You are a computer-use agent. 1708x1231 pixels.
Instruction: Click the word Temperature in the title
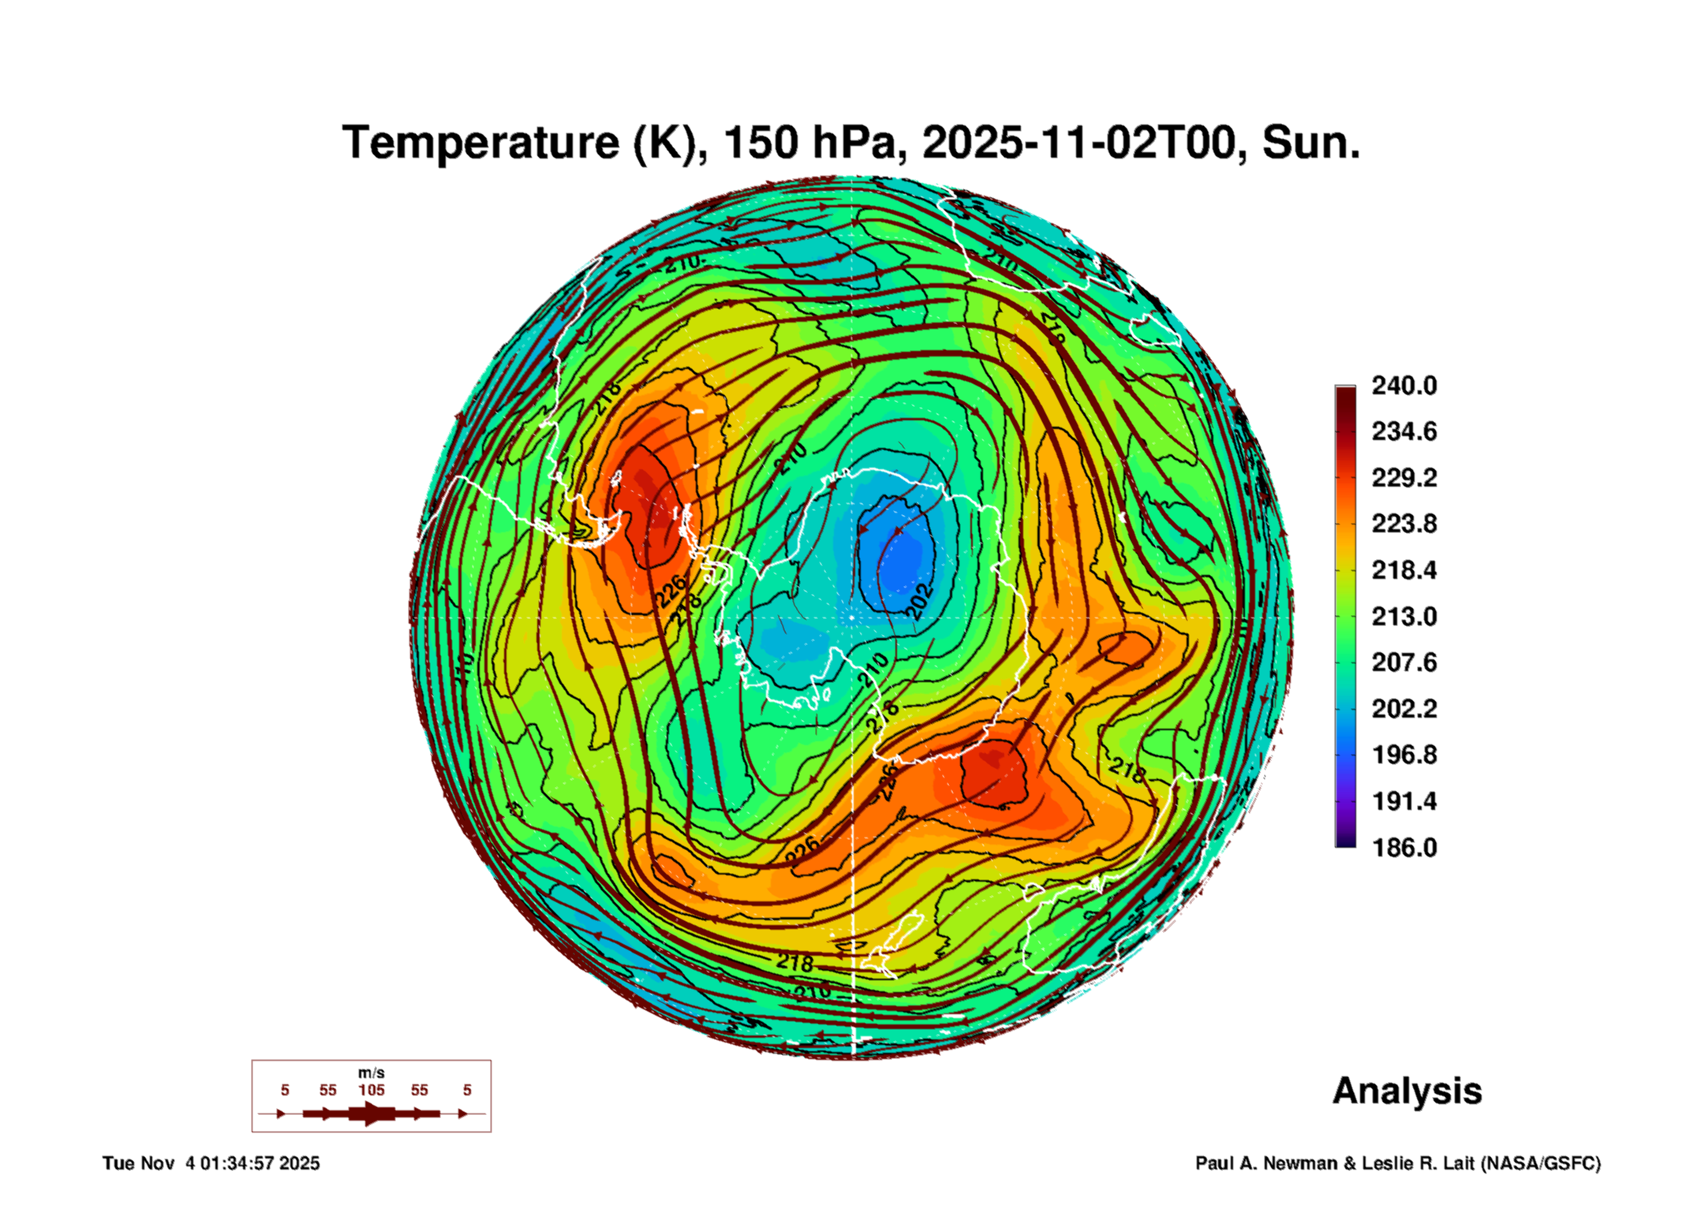(x=480, y=143)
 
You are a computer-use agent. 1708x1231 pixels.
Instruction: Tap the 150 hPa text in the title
(x=809, y=143)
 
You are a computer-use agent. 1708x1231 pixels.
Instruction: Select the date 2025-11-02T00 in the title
(x=1079, y=143)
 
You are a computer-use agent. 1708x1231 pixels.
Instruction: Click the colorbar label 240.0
(x=1403, y=386)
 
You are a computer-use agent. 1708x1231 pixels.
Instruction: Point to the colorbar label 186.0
(x=1403, y=848)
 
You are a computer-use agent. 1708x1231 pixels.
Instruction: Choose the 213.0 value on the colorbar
(x=1403, y=617)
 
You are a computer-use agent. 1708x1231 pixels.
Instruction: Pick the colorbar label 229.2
(x=1403, y=478)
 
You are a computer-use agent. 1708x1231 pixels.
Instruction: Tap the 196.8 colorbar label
(x=1403, y=755)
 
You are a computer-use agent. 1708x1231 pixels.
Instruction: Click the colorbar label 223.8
(x=1403, y=524)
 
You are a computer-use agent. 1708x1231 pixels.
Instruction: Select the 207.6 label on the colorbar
(x=1403, y=662)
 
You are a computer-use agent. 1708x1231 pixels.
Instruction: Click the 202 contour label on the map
(x=919, y=602)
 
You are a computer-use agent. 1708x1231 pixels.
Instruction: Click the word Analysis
(x=1407, y=1091)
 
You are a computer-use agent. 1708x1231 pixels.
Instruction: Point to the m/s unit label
(x=371, y=1073)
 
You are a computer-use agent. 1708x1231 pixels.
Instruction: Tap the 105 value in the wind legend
(x=372, y=1090)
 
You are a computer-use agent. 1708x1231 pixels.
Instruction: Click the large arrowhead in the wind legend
(x=371, y=1113)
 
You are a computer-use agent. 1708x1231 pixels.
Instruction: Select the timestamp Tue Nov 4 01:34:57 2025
(x=211, y=1163)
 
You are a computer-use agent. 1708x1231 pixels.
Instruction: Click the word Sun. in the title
(x=1310, y=143)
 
